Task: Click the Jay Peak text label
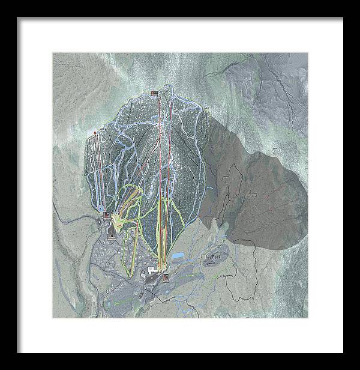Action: pyautogui.click(x=212, y=256)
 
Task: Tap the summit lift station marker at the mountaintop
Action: pyautogui.click(x=154, y=92)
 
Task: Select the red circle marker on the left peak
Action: pyautogui.click(x=95, y=130)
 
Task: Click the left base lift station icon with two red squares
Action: pyautogui.click(x=106, y=215)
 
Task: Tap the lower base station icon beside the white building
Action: pyautogui.click(x=165, y=277)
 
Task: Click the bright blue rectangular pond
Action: pyautogui.click(x=178, y=256)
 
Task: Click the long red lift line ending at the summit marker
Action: pyautogui.click(x=159, y=180)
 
